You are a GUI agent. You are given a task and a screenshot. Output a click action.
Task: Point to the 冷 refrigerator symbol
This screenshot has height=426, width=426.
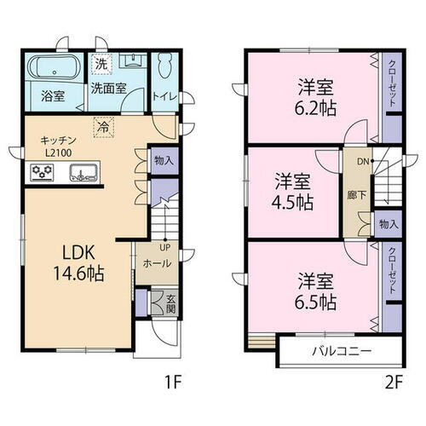click(x=101, y=124)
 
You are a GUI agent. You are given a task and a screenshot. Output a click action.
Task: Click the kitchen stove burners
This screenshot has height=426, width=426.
click(x=42, y=175)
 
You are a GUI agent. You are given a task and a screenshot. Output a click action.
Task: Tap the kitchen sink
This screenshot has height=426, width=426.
click(x=83, y=175)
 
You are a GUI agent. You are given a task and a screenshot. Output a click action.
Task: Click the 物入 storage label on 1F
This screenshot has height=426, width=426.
click(x=164, y=159)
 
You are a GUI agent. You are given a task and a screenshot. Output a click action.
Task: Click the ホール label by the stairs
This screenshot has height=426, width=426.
click(x=155, y=264)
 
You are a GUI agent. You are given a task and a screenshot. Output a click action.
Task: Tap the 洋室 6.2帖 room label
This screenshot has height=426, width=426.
click(x=313, y=96)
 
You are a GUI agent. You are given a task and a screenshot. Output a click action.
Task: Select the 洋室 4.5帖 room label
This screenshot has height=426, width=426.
click(x=293, y=192)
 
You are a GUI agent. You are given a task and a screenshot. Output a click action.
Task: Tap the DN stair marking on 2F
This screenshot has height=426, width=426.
click(x=361, y=160)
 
